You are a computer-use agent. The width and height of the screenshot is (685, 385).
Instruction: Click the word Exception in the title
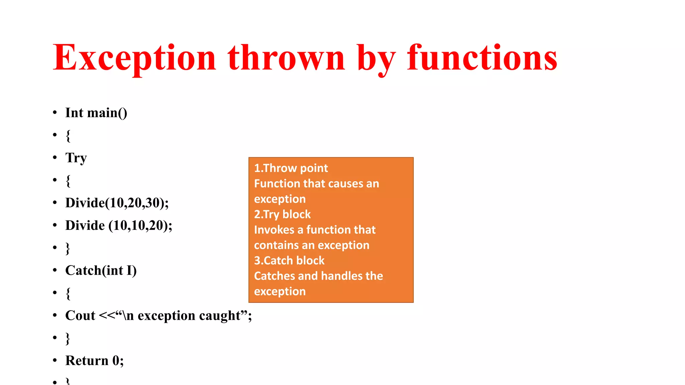point(134,58)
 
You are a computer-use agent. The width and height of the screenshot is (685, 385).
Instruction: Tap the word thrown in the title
point(286,58)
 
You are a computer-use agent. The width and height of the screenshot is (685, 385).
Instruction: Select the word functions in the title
point(482,58)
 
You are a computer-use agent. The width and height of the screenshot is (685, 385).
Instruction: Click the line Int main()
point(96,113)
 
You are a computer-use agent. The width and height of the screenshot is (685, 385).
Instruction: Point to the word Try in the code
point(76,158)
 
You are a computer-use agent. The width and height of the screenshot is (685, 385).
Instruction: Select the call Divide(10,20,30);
point(117,203)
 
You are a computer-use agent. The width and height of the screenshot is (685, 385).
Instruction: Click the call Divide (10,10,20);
point(119,226)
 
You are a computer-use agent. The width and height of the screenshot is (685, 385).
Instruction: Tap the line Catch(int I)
point(101,270)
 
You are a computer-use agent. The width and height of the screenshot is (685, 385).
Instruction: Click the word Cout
point(80,315)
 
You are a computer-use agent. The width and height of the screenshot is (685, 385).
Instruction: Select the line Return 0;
point(94,361)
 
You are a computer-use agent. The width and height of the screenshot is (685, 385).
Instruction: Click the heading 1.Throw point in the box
point(291,168)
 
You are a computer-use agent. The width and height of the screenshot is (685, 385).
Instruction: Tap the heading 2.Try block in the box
point(282,214)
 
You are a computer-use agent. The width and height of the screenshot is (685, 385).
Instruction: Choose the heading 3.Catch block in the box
point(289,260)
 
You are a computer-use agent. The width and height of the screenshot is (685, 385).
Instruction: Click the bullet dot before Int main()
point(55,113)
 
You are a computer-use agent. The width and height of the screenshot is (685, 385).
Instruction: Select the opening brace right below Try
point(68,181)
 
